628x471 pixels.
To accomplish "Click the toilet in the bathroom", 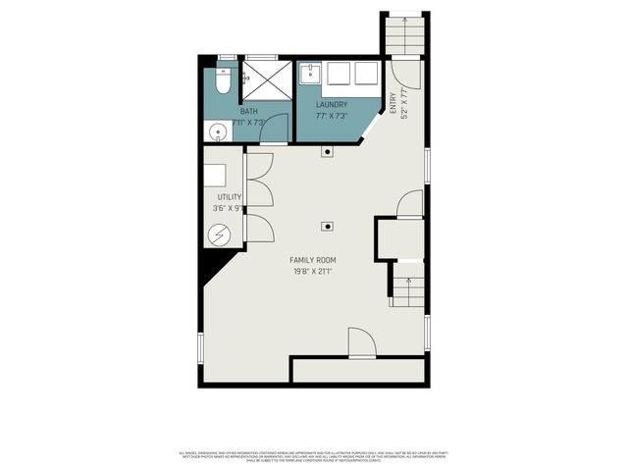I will coord(222,82).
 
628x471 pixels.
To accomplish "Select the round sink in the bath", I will coord(217,130).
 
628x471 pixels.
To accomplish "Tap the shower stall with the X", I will coord(267,78).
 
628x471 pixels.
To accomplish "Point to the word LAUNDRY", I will coord(332,104).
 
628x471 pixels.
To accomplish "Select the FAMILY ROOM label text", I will coord(311,259).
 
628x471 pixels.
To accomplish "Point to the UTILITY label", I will coord(230,197).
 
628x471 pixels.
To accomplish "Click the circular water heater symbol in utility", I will coord(220,235).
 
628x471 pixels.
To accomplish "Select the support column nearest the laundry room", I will coord(327,151).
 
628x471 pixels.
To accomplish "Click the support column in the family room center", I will coord(327,226).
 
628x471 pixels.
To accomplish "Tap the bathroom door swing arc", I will coord(275,128).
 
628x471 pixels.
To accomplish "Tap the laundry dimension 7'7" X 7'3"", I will coord(333,116).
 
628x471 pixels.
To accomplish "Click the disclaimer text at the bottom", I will coord(314,456).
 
